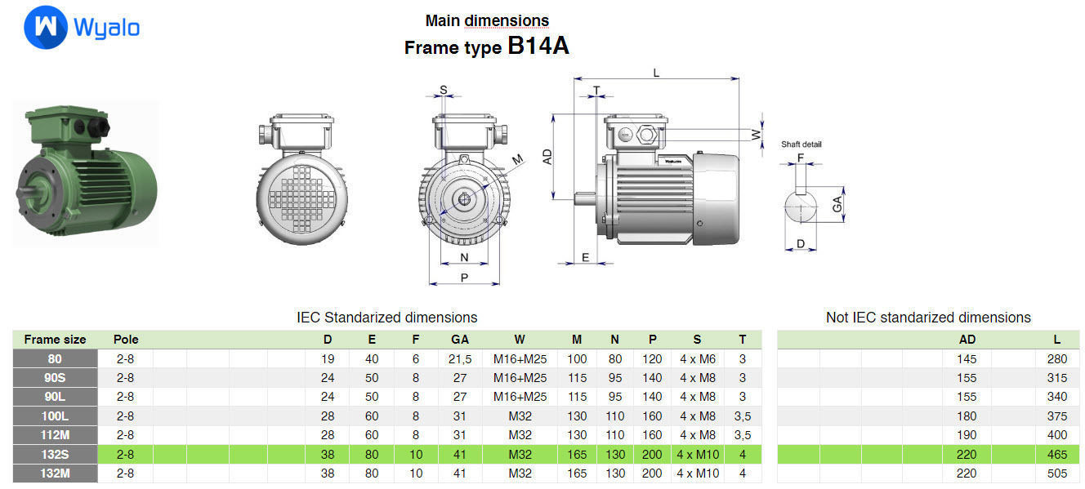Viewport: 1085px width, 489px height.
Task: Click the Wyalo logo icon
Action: click(x=45, y=27)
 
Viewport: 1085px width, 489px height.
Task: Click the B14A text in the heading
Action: click(x=538, y=46)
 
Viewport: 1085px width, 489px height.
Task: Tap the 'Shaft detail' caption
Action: click(x=801, y=144)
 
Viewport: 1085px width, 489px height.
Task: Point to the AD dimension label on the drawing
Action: click(x=547, y=155)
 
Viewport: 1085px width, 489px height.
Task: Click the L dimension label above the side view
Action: click(x=656, y=73)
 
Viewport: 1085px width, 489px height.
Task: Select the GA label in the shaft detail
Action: click(x=837, y=204)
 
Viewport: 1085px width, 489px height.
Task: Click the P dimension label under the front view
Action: click(x=464, y=277)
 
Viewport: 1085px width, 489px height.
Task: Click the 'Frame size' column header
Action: click(x=55, y=340)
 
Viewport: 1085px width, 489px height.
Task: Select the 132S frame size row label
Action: click(x=55, y=454)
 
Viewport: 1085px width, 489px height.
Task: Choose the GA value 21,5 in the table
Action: click(x=460, y=358)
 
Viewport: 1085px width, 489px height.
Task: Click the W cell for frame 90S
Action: click(x=520, y=377)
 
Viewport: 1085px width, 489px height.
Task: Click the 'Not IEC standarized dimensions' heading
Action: click(x=928, y=318)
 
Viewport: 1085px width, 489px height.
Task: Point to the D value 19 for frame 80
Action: click(x=327, y=358)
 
